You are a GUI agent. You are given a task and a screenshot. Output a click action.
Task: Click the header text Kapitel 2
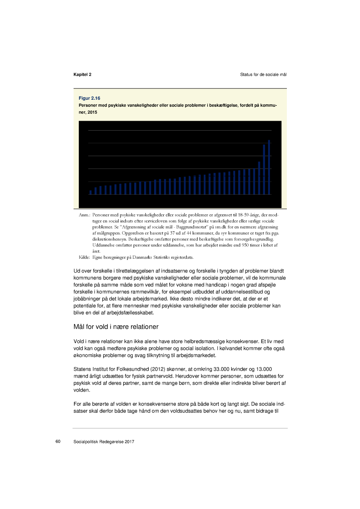82,74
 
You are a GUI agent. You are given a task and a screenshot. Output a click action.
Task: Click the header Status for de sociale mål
263,74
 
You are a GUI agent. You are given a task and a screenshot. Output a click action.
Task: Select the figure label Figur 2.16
90,98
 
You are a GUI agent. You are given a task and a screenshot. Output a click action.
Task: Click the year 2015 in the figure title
92,112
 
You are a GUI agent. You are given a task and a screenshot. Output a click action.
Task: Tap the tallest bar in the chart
269,167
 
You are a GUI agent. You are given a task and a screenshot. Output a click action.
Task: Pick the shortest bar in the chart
91,192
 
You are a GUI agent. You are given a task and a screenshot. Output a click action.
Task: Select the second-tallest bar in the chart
264,169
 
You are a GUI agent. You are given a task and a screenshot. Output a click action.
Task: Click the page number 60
57,442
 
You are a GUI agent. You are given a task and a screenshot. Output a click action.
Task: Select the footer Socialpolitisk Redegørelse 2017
104,442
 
